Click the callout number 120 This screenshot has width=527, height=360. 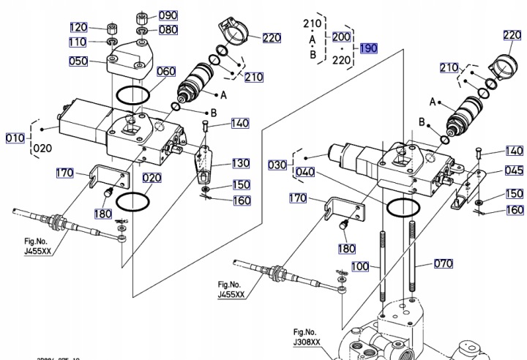[x=78, y=28]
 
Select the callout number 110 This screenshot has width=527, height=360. [x=78, y=42]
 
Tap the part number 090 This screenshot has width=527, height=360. [x=168, y=15]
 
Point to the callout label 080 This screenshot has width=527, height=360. [x=168, y=30]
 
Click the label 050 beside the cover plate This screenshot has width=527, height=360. [x=78, y=61]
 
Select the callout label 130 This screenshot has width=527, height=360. [x=241, y=163]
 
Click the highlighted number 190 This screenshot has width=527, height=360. [x=367, y=48]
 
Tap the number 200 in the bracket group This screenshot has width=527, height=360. [x=341, y=37]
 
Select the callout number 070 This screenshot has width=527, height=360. [x=444, y=263]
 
